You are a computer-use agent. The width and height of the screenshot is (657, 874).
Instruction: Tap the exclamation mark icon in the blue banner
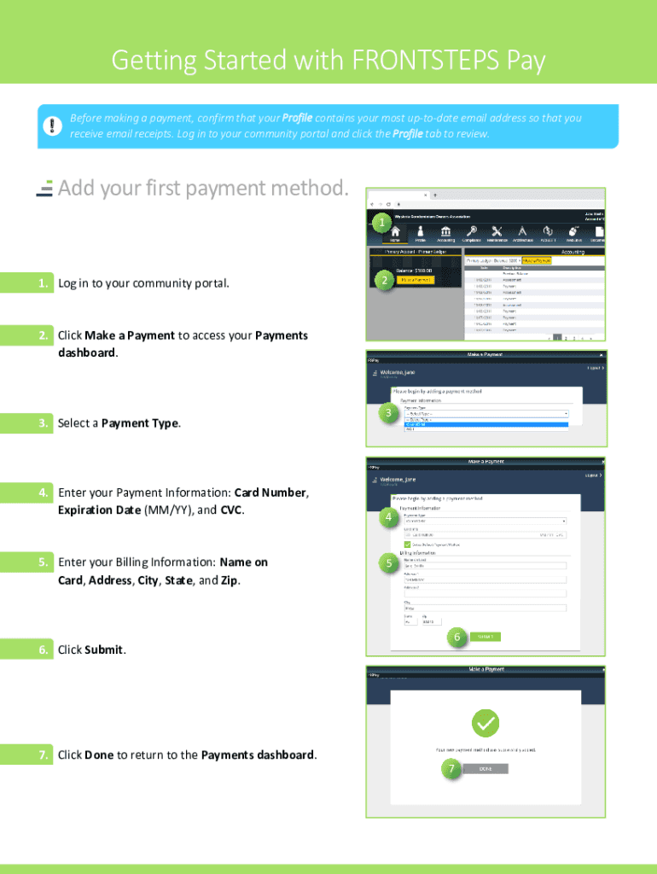(x=52, y=125)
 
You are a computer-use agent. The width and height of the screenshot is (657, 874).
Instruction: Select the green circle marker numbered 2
(x=385, y=281)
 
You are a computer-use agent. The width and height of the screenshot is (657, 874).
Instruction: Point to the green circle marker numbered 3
(x=388, y=414)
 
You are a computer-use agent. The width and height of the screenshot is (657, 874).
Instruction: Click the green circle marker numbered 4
(x=388, y=518)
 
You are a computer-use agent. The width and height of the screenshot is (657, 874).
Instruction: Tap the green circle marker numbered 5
(x=388, y=563)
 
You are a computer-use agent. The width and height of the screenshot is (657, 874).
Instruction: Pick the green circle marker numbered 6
(x=456, y=637)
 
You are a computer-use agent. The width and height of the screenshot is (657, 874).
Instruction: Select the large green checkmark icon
(x=485, y=725)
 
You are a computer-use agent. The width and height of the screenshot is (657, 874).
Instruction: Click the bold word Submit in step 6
(x=104, y=650)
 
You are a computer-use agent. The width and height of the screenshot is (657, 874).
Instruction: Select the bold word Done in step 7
(x=99, y=755)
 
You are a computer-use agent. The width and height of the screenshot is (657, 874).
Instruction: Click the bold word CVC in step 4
(x=231, y=510)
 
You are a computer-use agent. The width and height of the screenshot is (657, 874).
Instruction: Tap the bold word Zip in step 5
(x=230, y=580)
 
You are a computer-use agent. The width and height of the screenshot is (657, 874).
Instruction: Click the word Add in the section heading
(x=76, y=188)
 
